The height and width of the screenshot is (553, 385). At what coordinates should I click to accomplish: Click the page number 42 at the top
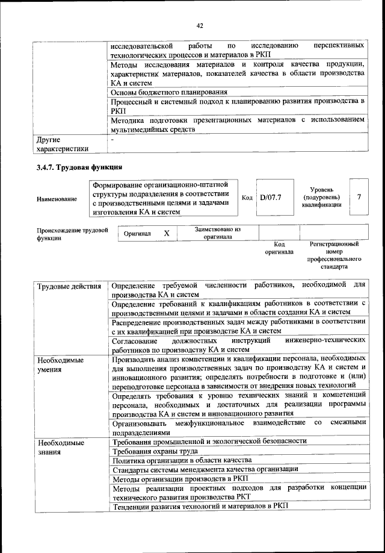[x=200, y=25]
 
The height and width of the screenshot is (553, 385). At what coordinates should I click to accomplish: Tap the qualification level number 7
[x=359, y=196]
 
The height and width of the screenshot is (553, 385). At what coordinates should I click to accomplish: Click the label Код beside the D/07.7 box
[x=247, y=197]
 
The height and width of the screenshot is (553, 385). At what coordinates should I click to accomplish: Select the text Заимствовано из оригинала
[x=218, y=233]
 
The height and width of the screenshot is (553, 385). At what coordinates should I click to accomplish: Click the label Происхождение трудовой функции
[x=72, y=234]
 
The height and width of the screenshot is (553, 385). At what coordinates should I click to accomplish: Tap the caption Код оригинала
[x=279, y=248]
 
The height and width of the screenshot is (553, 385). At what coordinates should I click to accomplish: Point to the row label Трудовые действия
[x=69, y=286]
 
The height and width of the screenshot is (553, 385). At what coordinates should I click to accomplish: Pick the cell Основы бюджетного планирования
[x=169, y=92]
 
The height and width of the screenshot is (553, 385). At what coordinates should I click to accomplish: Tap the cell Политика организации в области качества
[x=178, y=460]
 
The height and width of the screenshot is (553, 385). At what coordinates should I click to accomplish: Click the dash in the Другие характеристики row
[x=112, y=140]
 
